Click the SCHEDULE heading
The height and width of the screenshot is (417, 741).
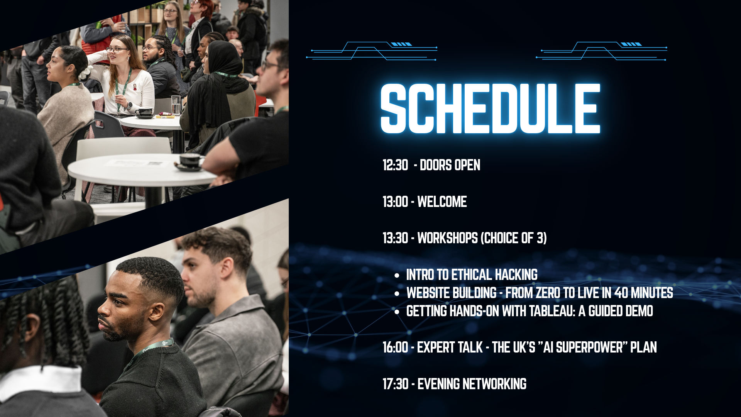(x=490, y=108)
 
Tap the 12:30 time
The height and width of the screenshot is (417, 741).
(x=395, y=165)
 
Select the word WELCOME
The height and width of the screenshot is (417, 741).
(x=442, y=202)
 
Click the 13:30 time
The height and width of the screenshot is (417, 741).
(x=395, y=238)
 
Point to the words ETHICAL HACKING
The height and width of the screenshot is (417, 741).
(x=494, y=275)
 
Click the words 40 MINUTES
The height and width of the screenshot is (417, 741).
(x=644, y=293)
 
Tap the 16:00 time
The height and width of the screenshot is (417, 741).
(x=395, y=347)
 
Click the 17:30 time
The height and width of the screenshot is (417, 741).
(x=395, y=384)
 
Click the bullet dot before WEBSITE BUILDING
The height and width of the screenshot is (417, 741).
(x=397, y=294)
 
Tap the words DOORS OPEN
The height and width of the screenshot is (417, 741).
(x=450, y=165)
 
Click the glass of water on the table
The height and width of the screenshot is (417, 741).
(x=176, y=105)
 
